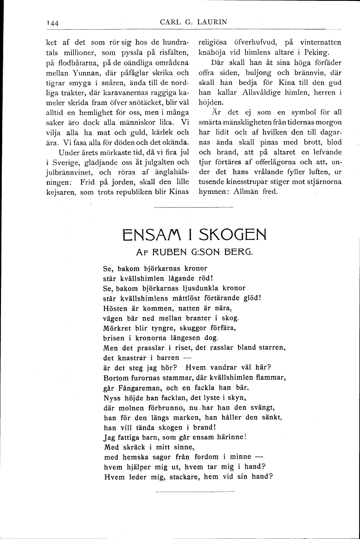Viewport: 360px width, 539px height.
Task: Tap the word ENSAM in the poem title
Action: pos(150,235)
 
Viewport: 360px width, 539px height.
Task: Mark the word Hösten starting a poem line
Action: pos(115,308)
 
